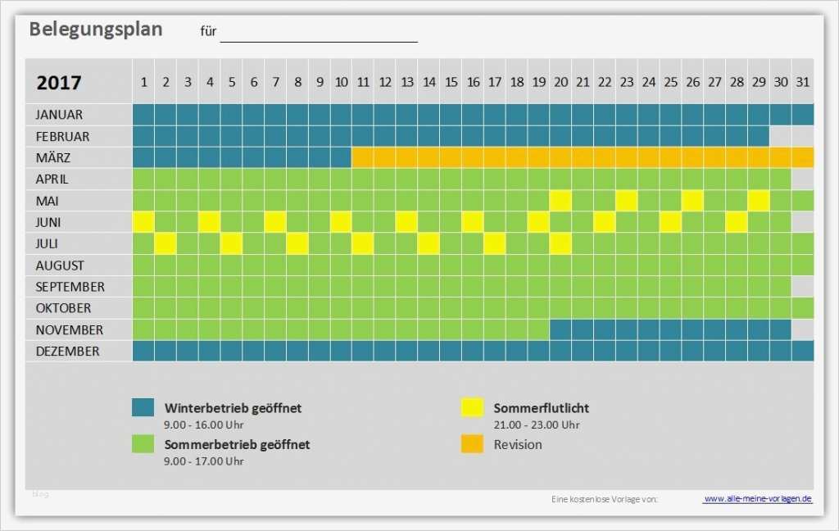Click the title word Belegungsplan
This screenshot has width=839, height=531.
click(x=96, y=29)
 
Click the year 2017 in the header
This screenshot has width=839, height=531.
click(x=59, y=83)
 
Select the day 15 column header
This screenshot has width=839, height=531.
click(x=451, y=82)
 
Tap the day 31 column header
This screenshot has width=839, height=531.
click(x=802, y=82)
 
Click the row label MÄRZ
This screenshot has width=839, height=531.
click(x=52, y=157)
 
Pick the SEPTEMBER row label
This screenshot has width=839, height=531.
click(x=70, y=287)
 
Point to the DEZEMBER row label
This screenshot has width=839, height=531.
click(x=67, y=352)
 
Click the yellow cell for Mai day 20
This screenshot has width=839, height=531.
click(x=560, y=201)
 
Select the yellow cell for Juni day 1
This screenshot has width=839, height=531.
click(x=143, y=222)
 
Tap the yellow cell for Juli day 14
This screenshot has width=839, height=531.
click(x=429, y=243)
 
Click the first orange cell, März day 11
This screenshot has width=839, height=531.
click(x=363, y=157)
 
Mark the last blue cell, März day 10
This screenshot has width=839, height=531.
click(x=341, y=157)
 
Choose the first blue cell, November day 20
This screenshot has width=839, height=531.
click(x=560, y=330)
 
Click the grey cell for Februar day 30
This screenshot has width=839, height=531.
click(x=780, y=136)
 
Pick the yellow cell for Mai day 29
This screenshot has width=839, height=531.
click(x=758, y=201)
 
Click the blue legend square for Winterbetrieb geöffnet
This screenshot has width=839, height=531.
click(x=143, y=407)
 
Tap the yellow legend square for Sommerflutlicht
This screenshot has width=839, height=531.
click(x=471, y=407)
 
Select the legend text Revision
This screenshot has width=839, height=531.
click(x=518, y=445)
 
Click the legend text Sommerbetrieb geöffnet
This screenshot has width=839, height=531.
click(x=237, y=445)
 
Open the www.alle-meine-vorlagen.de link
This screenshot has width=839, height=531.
click(x=757, y=498)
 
